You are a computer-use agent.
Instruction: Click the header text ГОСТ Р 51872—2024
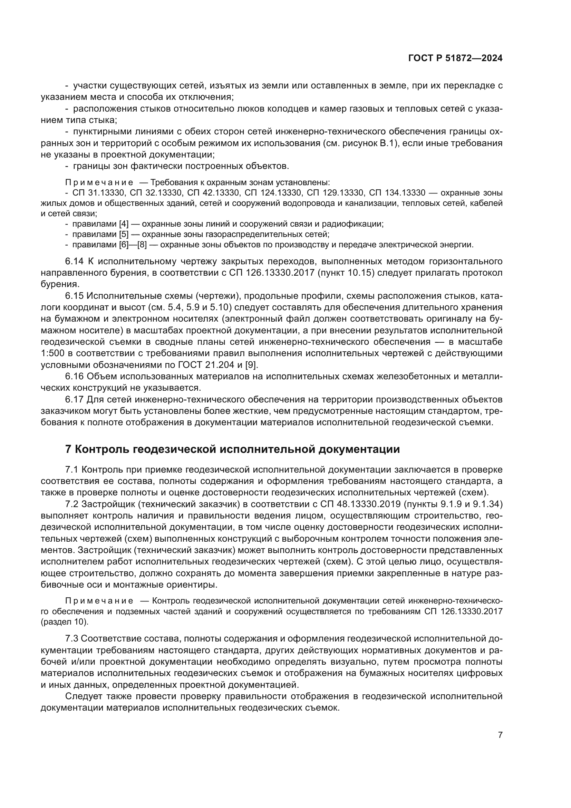[455, 58]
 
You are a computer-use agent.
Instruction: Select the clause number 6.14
[74, 261]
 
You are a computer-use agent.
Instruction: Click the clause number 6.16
[74, 376]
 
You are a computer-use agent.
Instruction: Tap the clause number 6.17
[74, 399]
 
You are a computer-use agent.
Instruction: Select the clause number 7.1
[72, 469]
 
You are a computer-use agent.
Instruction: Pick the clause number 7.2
[72, 504]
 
